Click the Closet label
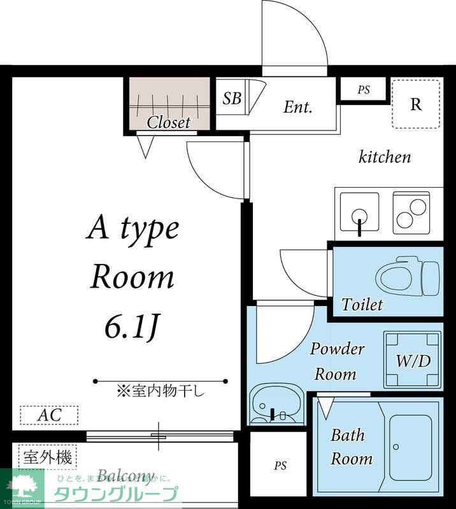[169, 122]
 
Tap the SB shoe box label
[232, 99]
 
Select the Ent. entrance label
[297, 107]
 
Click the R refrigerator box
[416, 104]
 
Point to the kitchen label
[385, 157]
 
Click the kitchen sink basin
[359, 211]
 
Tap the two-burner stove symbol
[411, 212]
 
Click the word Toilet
[362, 305]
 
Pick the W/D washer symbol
[413, 360]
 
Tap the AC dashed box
[49, 415]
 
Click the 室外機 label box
[47, 456]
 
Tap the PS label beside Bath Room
[280, 466]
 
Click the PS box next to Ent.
[363, 90]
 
